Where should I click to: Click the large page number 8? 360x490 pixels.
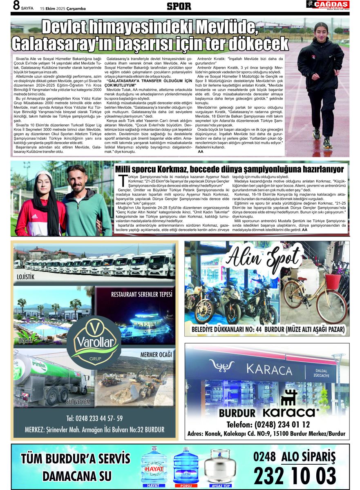(x=16, y=6)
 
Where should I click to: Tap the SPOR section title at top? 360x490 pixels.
(x=179, y=6)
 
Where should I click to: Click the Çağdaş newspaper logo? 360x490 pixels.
(x=328, y=5)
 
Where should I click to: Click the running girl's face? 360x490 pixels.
(x=319, y=30)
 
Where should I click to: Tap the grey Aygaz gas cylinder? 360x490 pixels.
(x=220, y=465)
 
